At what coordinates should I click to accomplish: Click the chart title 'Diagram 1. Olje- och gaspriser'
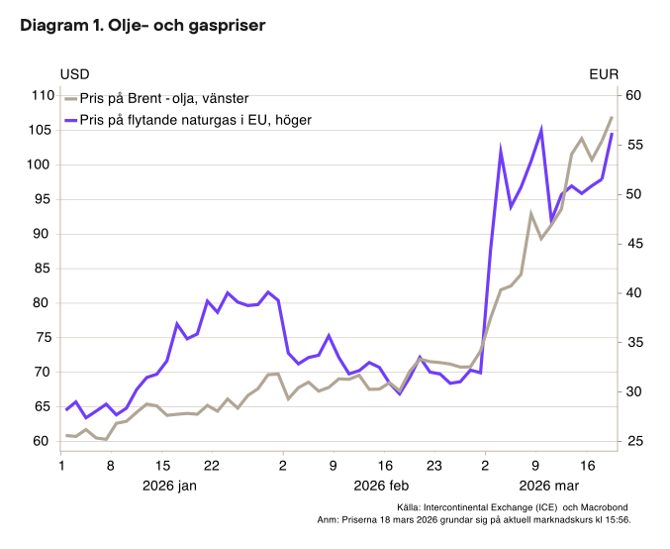click(143, 26)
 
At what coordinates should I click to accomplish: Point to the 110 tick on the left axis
click(42, 95)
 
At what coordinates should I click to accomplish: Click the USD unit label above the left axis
click(74, 74)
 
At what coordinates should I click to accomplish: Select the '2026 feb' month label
click(382, 485)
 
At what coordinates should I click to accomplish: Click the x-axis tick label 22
click(211, 464)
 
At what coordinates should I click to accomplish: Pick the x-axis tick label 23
click(433, 464)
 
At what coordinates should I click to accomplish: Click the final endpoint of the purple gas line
click(612, 134)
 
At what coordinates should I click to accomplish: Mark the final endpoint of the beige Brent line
click(612, 117)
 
